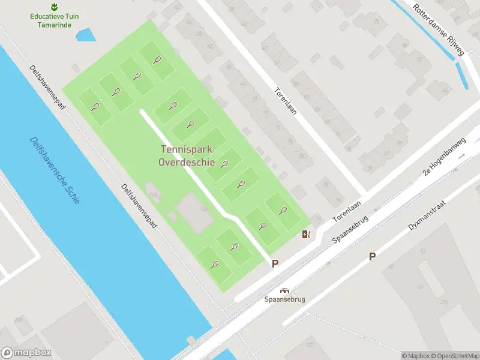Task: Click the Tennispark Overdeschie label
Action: coord(187,156)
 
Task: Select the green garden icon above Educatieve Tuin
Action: coord(54,7)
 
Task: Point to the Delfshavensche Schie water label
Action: coord(55,170)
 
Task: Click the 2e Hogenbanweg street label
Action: coord(444,155)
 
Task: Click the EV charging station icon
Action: coord(306,234)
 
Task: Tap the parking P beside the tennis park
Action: coord(275,263)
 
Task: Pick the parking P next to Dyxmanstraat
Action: coord(372,256)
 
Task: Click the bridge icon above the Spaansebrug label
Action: coord(285,290)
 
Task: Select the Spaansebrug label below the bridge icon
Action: coord(285,299)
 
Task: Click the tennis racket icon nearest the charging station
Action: coord(283,211)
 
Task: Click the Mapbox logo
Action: coord(26,353)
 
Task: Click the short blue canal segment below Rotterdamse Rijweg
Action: coord(462,76)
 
